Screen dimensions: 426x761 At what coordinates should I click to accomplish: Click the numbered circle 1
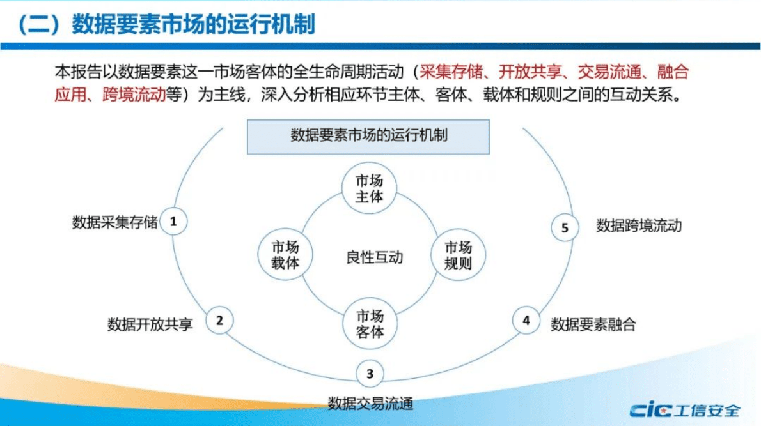tap(174, 222)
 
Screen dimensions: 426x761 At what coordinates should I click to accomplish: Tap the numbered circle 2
tap(219, 320)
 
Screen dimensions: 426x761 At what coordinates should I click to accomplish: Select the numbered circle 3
tap(370, 374)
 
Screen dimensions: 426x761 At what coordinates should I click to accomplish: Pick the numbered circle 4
tap(526, 320)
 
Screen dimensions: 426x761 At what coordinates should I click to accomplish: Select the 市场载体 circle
tap(285, 255)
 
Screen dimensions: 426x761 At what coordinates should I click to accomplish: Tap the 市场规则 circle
tap(457, 255)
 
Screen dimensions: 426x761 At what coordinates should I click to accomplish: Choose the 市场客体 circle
tap(369, 324)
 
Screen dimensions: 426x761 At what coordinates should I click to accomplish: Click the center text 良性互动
tap(375, 258)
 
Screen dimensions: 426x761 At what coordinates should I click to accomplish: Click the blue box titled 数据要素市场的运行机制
tap(368, 136)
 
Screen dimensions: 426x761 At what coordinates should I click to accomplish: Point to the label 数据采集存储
tap(114, 223)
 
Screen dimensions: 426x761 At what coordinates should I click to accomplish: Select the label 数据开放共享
tap(150, 324)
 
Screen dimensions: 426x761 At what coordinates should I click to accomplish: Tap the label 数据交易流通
tap(370, 403)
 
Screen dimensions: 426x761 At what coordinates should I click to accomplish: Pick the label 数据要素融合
tap(593, 324)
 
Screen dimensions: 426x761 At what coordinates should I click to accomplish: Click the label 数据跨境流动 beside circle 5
tap(639, 225)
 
